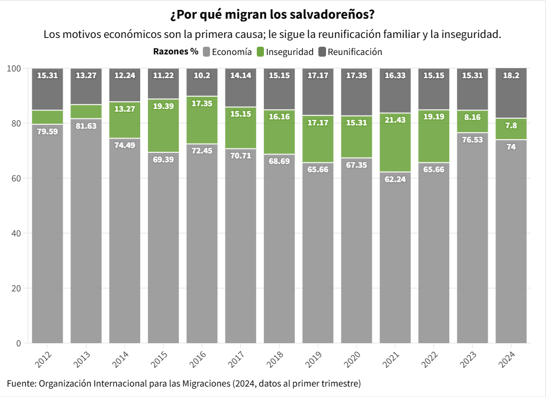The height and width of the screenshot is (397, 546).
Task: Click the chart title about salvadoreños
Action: [273, 13]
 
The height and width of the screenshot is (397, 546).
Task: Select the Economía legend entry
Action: [227, 52]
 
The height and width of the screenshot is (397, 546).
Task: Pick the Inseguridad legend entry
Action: [285, 52]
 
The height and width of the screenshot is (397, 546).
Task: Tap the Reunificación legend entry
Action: [350, 52]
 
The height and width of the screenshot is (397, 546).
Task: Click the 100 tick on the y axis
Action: [14, 68]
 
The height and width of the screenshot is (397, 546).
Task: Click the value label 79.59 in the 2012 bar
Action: [47, 131]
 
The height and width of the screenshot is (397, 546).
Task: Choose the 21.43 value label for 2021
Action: [395, 120]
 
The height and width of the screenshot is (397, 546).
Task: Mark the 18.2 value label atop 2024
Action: [511, 75]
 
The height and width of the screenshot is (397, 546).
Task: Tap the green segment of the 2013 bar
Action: [86, 112]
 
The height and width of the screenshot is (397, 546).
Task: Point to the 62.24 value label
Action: [395, 179]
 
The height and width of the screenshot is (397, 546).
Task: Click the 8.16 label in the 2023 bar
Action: [472, 117]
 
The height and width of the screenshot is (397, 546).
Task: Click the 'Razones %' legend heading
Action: [175, 52]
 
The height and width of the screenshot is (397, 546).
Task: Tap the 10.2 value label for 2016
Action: [202, 75]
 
